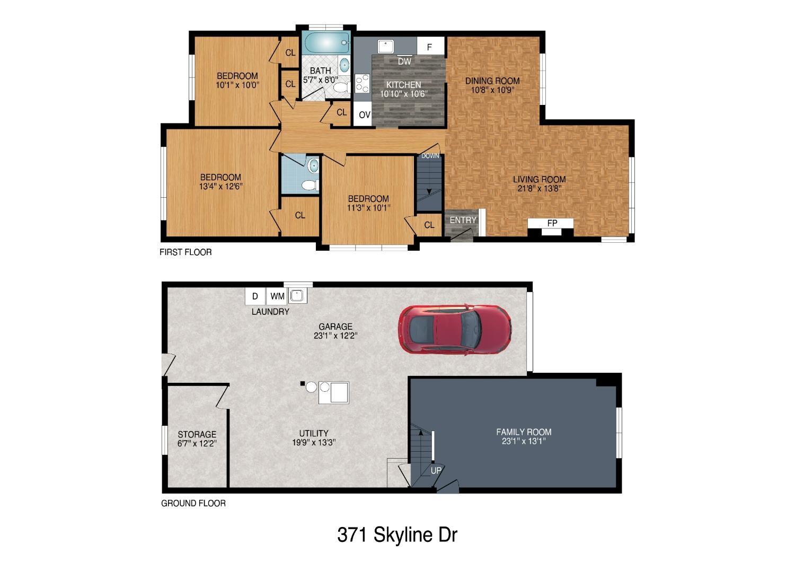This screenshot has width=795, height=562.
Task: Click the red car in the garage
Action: click(x=455, y=329)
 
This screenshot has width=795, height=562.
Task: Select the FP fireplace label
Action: click(x=552, y=223)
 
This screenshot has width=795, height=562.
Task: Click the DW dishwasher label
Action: click(x=404, y=62)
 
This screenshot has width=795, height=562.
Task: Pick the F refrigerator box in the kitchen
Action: click(x=431, y=46)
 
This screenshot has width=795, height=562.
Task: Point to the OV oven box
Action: click(x=364, y=115)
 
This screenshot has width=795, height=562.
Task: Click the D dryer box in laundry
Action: click(x=255, y=296)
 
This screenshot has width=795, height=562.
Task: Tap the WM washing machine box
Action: click(x=277, y=296)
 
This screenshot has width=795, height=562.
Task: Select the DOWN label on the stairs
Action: click(x=430, y=156)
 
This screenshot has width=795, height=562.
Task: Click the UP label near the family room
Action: click(x=436, y=470)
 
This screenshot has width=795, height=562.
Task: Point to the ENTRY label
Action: click(x=463, y=220)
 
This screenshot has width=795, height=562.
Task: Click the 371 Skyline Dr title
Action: click(x=397, y=534)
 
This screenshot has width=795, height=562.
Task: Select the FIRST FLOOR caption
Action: click(x=185, y=252)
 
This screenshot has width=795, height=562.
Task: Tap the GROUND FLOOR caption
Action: click(x=193, y=503)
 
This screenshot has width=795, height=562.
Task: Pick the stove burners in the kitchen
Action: click(x=362, y=83)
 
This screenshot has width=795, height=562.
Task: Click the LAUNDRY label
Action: click(x=270, y=312)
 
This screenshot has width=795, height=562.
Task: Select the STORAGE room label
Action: click(x=197, y=434)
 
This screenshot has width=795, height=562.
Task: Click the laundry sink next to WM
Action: click(x=297, y=295)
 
